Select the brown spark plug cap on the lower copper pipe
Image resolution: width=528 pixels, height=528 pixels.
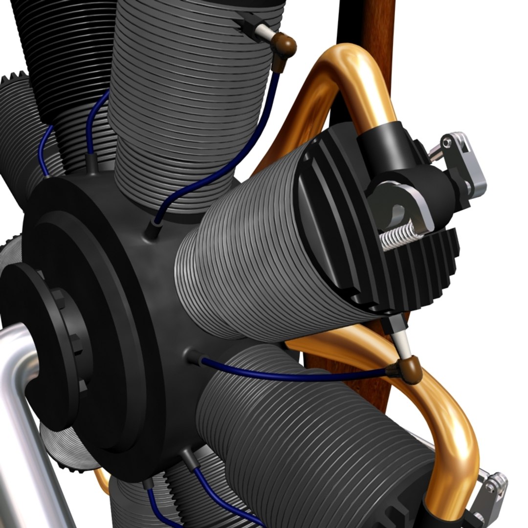(x=410, y=369)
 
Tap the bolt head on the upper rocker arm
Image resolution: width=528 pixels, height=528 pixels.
(x=446, y=142)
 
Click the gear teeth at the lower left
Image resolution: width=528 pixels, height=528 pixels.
(x=64, y=455)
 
